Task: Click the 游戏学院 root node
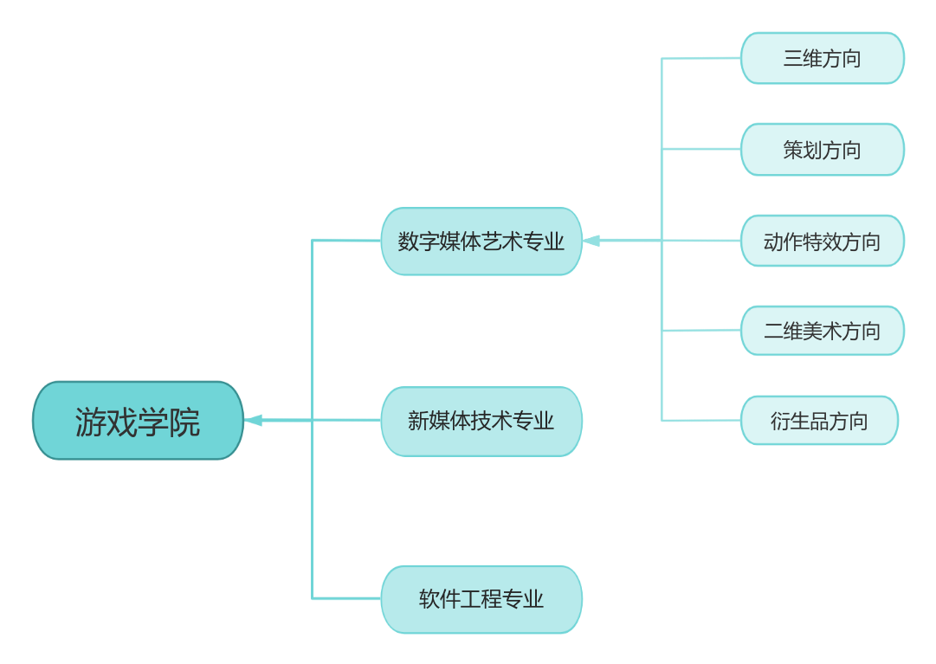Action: [x=138, y=421]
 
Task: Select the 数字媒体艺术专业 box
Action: [x=481, y=242]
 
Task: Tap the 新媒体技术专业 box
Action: [x=481, y=422]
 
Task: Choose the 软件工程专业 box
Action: [x=481, y=599]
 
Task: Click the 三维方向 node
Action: [x=822, y=59]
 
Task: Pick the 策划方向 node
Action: [x=822, y=150]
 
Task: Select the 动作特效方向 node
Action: [x=822, y=241]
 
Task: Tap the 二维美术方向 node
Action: [x=822, y=331]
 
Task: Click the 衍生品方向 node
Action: [x=819, y=421]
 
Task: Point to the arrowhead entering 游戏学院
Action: [x=253, y=421]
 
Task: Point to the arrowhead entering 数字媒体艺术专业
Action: [x=591, y=241]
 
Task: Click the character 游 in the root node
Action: [x=90, y=422]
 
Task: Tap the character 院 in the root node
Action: [x=184, y=422]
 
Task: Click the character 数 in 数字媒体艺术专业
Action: [x=409, y=242]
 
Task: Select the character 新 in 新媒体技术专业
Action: [x=418, y=422]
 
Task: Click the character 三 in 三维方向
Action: [x=793, y=59]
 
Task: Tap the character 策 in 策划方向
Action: [x=793, y=150]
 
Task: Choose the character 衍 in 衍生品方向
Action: [x=780, y=421]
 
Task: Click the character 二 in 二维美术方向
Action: [x=773, y=331]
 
